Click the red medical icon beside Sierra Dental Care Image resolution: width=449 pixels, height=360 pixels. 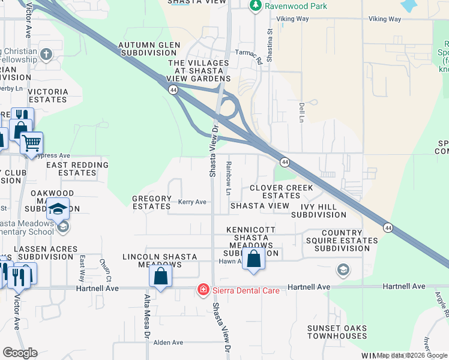(203, 290)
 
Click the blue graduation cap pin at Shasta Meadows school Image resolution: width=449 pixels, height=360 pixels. (58, 209)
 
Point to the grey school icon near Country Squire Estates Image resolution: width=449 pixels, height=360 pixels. (343, 269)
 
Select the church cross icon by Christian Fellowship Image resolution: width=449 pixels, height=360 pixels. (46, 55)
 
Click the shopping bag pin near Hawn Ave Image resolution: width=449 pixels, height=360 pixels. (254, 259)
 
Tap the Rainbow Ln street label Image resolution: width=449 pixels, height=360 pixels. (229, 178)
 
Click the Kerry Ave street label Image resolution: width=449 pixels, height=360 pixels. (192, 202)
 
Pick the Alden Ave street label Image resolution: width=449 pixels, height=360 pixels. (168, 342)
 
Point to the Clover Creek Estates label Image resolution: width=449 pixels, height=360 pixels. (282, 192)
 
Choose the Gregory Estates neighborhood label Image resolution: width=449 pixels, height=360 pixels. (151, 202)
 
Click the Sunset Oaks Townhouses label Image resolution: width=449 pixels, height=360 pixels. (337, 332)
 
